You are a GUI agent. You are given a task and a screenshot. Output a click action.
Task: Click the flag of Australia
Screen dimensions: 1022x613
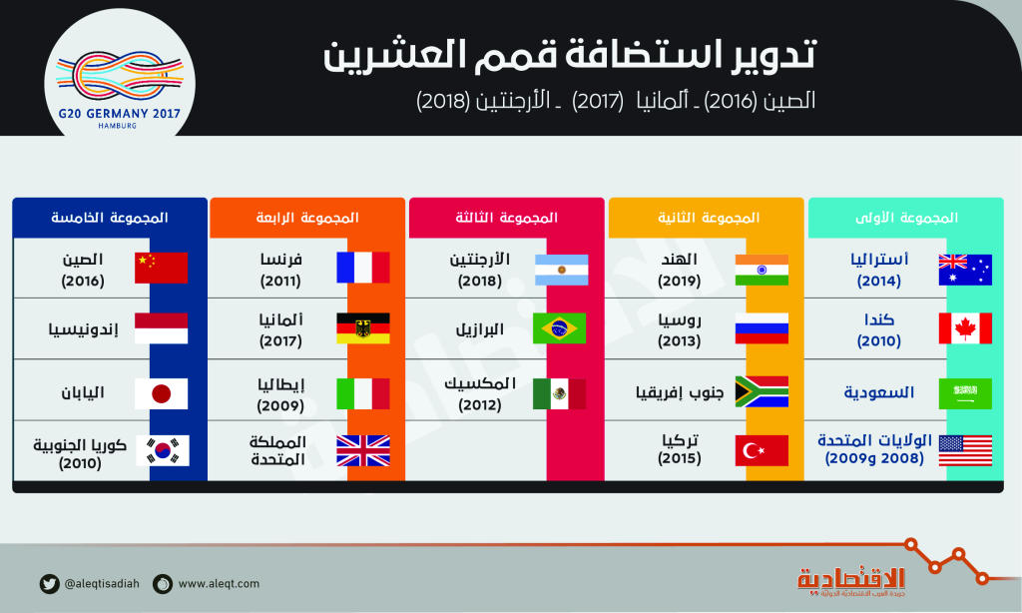tap(965, 270)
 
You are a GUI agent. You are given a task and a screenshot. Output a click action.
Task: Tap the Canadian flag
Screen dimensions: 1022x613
tap(965, 328)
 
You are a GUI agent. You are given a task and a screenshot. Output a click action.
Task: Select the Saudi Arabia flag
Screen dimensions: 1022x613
tap(965, 393)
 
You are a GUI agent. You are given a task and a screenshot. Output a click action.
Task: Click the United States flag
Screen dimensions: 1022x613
tap(965, 450)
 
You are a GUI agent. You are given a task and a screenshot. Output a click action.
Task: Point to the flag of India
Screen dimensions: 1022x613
tap(762, 270)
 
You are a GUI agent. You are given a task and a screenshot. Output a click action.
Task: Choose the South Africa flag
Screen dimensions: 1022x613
tap(762, 391)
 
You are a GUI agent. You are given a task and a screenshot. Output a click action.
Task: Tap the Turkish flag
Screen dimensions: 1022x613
tap(762, 450)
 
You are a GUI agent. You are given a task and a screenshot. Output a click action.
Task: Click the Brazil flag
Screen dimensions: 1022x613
tap(559, 328)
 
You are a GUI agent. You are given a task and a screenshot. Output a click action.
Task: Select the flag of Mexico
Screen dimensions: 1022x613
tap(559, 393)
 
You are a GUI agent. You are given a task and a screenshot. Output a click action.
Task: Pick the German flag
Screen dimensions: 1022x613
tap(363, 328)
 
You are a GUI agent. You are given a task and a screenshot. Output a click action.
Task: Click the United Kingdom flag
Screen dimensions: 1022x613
tap(363, 450)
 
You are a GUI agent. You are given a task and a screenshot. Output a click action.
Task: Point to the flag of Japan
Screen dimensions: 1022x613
tap(161, 393)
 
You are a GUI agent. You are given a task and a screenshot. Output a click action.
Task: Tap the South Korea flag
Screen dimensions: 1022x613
tap(163, 450)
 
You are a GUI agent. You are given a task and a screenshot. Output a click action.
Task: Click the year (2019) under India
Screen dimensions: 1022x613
tap(679, 282)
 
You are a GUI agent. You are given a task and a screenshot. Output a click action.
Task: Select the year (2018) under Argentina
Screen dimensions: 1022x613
tap(480, 282)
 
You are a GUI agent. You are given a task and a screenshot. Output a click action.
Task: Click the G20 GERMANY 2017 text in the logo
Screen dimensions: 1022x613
tap(120, 114)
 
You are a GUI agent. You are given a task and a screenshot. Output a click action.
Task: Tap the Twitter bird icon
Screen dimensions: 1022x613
tap(49, 584)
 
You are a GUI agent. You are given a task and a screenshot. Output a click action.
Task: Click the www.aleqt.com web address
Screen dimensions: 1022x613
tap(219, 584)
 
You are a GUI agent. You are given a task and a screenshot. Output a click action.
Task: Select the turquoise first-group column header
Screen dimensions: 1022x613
tap(906, 218)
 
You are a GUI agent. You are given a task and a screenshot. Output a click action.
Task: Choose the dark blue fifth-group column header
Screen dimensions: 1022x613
tap(110, 218)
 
